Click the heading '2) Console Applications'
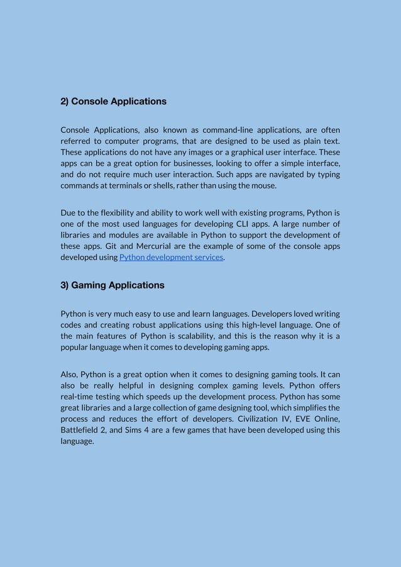pyautogui.click(x=113, y=101)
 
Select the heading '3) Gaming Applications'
pyautogui.click(x=112, y=285)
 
